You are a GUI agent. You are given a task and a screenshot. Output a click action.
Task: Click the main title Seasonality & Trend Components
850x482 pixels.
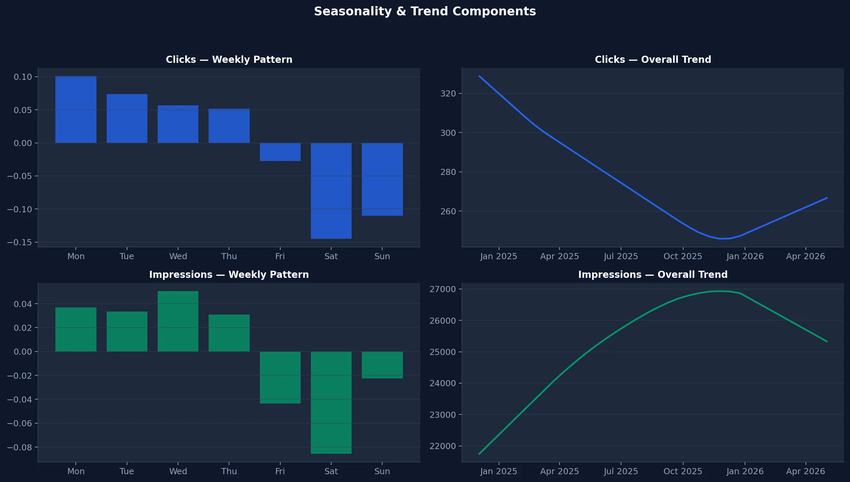pyautogui.click(x=425, y=12)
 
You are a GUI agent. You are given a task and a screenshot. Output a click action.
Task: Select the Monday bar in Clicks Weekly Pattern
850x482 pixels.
pyautogui.click(x=76, y=109)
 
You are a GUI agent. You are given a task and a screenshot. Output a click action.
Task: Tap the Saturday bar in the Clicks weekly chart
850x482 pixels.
pyautogui.click(x=331, y=191)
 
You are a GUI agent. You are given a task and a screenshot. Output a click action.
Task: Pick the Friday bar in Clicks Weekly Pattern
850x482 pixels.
pyautogui.click(x=280, y=152)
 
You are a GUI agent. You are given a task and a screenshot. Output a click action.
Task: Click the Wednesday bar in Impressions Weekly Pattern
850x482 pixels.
pyautogui.click(x=178, y=321)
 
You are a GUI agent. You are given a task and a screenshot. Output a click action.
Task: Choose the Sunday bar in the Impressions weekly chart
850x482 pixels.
pyautogui.click(x=382, y=365)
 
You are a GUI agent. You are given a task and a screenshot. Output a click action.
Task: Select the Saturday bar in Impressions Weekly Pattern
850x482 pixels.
pyautogui.click(x=331, y=403)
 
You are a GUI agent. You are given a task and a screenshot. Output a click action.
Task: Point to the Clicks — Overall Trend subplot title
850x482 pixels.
pyautogui.click(x=653, y=60)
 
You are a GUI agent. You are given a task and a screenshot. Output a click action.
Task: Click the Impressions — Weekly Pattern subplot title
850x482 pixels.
pyautogui.click(x=229, y=274)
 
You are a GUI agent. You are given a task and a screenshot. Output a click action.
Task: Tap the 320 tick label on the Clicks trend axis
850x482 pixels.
pyautogui.click(x=448, y=94)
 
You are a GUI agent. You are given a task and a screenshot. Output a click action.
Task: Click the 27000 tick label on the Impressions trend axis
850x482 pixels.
pyautogui.click(x=443, y=289)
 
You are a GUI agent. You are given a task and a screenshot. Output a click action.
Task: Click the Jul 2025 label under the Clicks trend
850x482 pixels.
pyautogui.click(x=621, y=256)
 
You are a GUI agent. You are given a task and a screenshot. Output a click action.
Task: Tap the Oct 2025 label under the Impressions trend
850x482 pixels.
pyautogui.click(x=683, y=471)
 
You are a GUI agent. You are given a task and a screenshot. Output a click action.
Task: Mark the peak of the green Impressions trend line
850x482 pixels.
pyautogui.click(x=720, y=291)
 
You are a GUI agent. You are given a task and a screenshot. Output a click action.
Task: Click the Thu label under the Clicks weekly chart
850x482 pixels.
pyautogui.click(x=229, y=256)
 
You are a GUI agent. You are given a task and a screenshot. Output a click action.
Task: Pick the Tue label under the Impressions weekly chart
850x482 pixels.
pyautogui.click(x=127, y=471)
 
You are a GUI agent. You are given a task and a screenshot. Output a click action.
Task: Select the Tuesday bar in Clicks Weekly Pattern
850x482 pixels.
pyautogui.click(x=127, y=118)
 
